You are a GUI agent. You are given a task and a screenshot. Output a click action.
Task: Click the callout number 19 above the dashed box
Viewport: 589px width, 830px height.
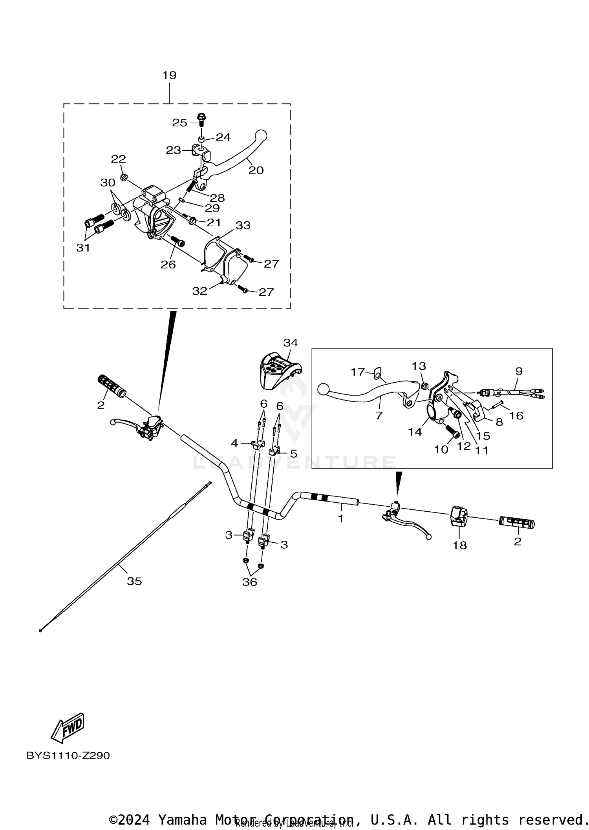170,75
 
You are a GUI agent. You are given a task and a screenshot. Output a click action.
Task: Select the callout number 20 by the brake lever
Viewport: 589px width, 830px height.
256,170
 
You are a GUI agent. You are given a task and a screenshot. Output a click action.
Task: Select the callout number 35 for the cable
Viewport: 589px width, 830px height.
134,581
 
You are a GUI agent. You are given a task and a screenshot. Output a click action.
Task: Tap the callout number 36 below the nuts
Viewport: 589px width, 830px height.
249,582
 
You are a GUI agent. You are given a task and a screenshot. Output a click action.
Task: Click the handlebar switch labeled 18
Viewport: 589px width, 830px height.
459,516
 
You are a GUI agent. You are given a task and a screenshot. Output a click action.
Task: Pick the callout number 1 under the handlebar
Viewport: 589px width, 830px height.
341,519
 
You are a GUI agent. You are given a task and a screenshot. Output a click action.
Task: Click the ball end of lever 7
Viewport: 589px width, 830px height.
323,389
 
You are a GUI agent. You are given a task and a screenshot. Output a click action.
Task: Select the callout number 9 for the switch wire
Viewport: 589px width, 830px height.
519,371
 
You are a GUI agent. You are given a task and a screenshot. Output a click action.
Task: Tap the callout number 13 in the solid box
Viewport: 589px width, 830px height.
419,366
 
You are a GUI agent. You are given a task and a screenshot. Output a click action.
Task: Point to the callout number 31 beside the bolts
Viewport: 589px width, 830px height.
83,248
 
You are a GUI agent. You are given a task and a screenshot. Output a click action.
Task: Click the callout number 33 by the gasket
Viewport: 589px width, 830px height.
243,225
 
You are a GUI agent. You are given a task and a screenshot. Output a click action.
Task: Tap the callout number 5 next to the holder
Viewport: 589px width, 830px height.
293,454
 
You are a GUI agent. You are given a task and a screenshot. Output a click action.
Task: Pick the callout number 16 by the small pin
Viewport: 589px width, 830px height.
516,416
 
